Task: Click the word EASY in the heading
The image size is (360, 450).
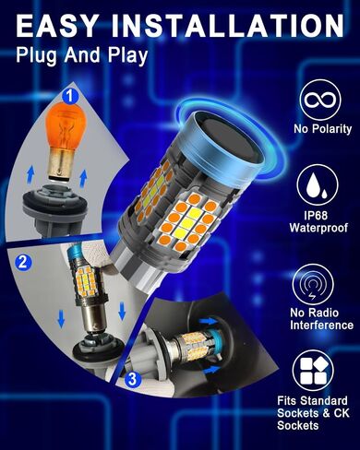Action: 57,26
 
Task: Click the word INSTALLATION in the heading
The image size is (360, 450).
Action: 227,26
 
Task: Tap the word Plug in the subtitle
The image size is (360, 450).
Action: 37,56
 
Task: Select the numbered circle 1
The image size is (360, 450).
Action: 70,96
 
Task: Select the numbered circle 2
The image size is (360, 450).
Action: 23,263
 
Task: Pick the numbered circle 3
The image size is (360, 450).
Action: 133,379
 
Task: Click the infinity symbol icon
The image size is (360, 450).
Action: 320,100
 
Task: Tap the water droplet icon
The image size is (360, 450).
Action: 318,185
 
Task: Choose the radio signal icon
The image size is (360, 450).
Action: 313,287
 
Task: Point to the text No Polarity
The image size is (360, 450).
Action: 322,129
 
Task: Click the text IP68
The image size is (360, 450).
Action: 316,215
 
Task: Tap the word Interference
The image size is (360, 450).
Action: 321,326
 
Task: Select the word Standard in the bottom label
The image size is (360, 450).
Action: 324,401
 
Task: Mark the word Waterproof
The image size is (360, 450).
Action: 318,228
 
